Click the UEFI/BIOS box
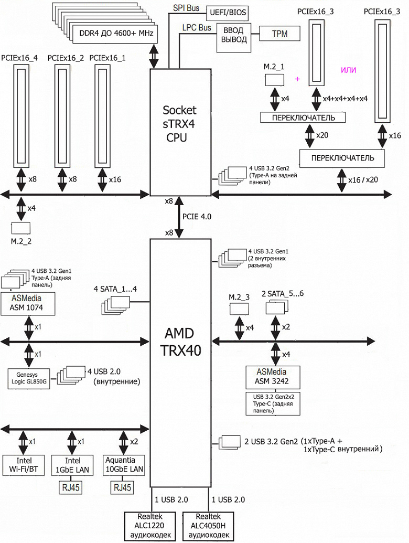click(x=228, y=13)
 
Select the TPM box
click(x=279, y=34)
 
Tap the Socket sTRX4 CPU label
click(x=179, y=124)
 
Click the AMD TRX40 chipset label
click(x=180, y=342)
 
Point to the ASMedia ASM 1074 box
click(x=28, y=304)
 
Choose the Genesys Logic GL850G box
click(x=29, y=378)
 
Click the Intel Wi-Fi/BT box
click(x=24, y=465)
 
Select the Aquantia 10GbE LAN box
click(x=124, y=465)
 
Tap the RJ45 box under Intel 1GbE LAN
click(x=71, y=487)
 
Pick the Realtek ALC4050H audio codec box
click(x=208, y=526)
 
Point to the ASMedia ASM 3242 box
click(x=273, y=377)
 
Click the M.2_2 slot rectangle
click(x=21, y=228)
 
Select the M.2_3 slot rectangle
click(x=239, y=309)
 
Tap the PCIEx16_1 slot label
click(x=107, y=58)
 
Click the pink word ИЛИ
click(x=349, y=70)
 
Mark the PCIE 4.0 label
click(x=197, y=217)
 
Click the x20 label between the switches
click(x=322, y=135)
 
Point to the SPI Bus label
click(x=186, y=8)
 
